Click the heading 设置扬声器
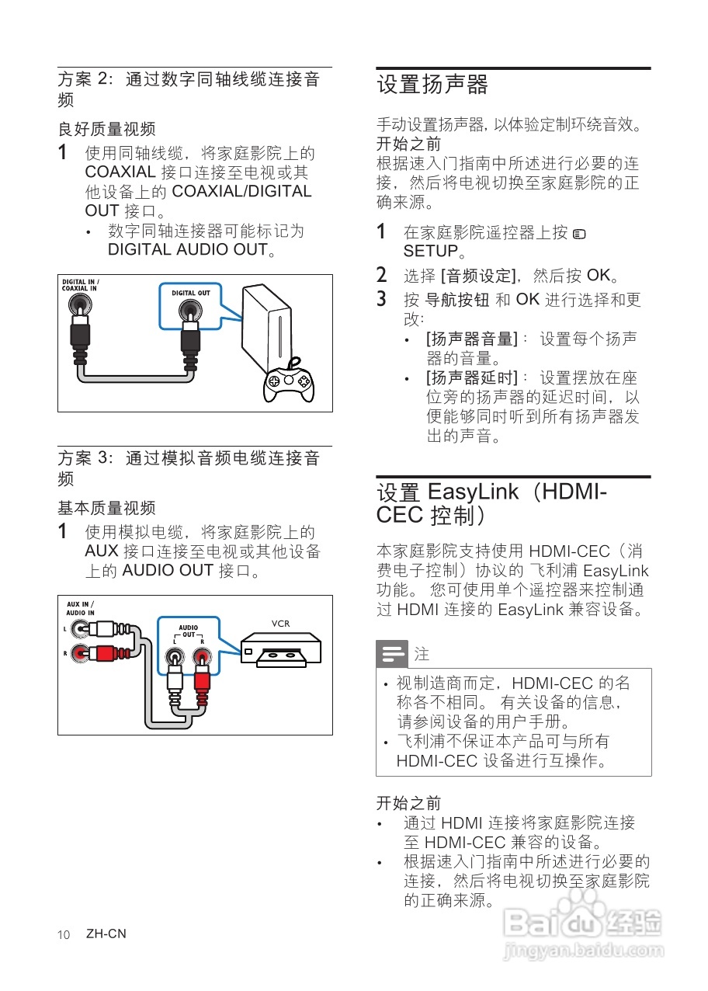[432, 84]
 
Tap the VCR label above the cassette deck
[280, 623]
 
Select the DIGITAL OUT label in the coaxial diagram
[190, 294]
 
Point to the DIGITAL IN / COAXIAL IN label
[80, 285]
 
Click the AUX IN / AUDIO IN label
[81, 608]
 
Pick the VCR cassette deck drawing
[280, 648]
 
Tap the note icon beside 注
[392, 654]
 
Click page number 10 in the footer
[64, 934]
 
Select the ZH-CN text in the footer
[106, 934]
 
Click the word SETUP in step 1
[431, 252]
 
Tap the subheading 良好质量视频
[106, 129]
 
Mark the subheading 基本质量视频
[106, 508]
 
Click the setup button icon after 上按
[579, 233]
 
